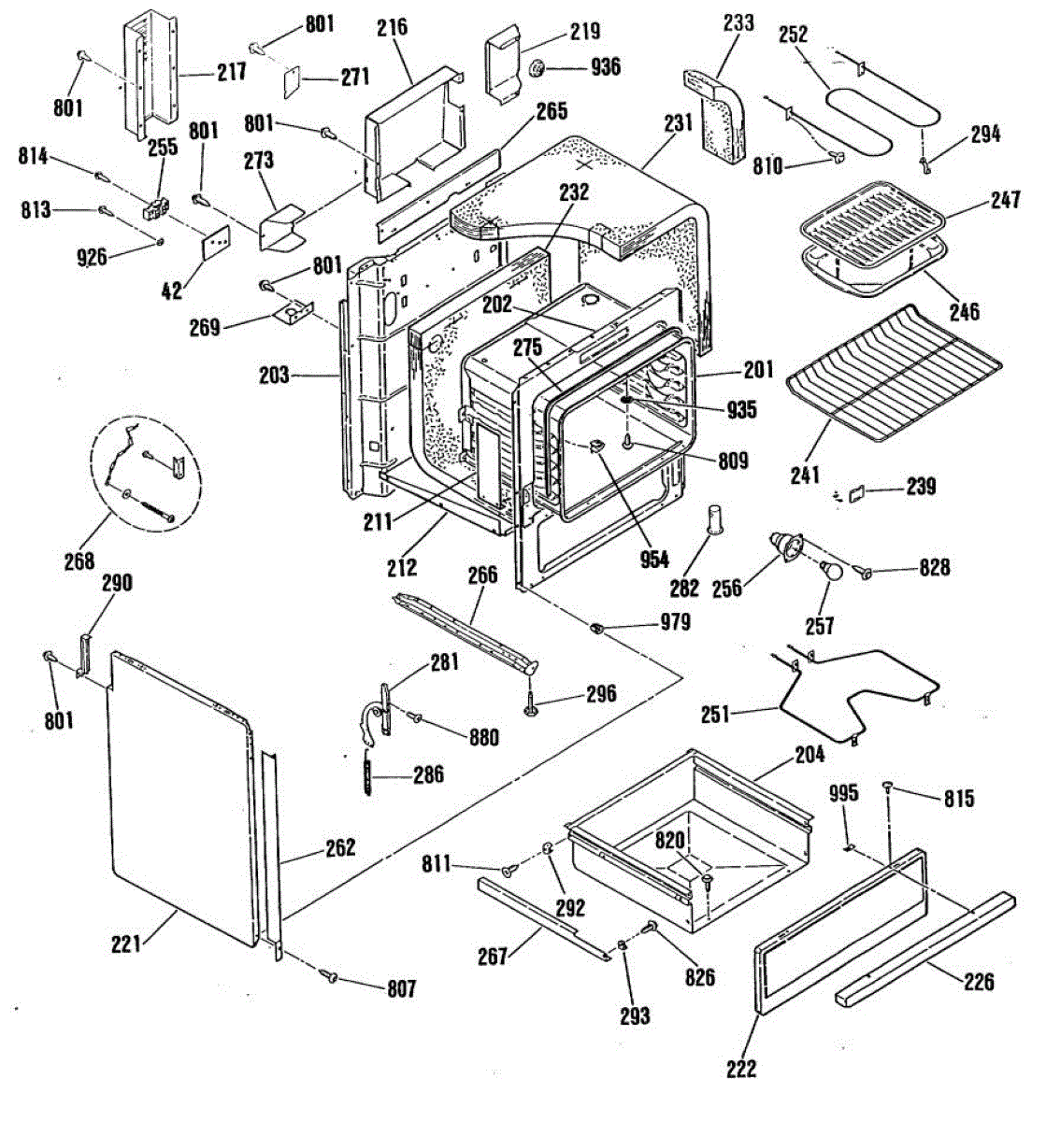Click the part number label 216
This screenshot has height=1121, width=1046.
tap(393, 27)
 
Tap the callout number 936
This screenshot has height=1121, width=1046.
tap(605, 66)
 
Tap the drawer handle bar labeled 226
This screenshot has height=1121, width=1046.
tap(925, 944)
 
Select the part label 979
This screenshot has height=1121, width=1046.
tap(675, 621)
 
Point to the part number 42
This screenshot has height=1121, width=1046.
tap(170, 291)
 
